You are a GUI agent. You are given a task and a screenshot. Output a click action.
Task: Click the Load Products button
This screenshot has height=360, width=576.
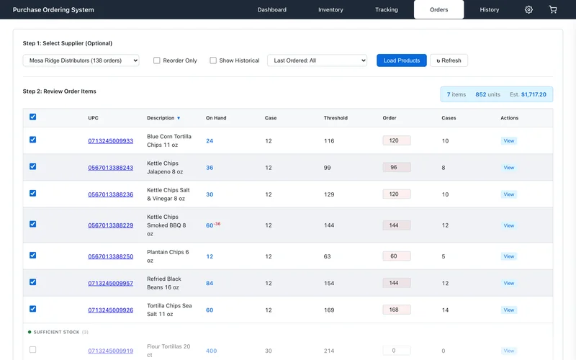point(402,60)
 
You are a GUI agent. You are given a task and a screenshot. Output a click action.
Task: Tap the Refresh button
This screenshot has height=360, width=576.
point(449,60)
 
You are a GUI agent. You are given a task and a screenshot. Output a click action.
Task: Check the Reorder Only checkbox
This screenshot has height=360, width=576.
point(157,60)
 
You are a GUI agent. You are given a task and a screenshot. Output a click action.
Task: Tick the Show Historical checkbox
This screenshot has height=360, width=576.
point(213,60)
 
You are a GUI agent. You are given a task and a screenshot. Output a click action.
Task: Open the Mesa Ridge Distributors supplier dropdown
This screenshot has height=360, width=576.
point(81,60)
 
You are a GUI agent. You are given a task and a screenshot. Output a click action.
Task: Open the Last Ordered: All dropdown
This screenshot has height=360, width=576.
point(317,60)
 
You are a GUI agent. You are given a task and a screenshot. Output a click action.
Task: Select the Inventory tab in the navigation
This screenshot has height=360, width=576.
point(330,9)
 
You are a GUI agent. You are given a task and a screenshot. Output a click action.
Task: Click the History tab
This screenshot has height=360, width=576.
point(490,9)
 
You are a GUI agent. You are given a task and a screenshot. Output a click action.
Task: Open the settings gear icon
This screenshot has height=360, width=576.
point(528,9)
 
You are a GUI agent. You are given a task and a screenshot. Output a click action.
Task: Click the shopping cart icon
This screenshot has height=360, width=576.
point(553,9)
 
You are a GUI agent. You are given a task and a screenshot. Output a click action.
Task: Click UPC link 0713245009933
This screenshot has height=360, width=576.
point(111,141)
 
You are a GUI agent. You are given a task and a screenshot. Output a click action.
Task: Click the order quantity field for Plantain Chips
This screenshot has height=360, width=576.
point(397,256)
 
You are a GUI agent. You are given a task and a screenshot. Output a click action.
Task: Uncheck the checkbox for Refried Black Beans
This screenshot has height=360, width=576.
point(32,282)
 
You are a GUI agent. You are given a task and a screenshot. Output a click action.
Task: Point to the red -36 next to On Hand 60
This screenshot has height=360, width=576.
point(217,224)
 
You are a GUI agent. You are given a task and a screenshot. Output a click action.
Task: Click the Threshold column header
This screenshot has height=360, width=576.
point(336,118)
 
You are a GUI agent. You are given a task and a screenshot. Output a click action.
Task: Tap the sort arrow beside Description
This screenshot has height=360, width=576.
point(179,118)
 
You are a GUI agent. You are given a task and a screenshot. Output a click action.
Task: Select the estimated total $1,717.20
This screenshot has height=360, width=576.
point(534,94)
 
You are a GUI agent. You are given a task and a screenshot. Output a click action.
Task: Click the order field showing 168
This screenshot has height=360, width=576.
point(397,310)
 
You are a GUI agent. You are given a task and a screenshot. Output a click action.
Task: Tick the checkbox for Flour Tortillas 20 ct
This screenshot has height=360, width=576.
point(32,350)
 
